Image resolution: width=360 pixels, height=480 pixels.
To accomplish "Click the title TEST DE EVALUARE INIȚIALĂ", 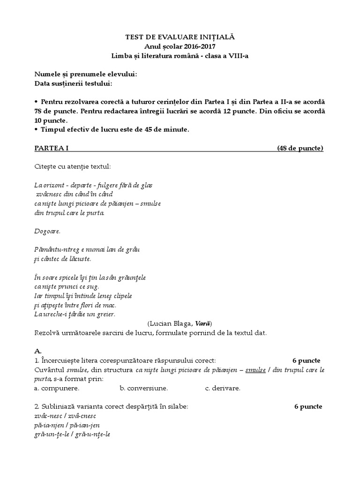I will coord(180,36).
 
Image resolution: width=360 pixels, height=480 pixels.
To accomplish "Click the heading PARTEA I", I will coord(52,149).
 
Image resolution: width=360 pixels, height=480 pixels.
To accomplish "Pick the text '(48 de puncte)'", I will coord(300,149).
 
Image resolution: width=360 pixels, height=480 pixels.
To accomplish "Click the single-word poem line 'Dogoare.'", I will coord(47,231).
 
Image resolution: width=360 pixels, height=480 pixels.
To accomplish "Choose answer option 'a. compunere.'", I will coord(57,388).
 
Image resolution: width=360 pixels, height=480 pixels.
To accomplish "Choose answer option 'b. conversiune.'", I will coord(144,388).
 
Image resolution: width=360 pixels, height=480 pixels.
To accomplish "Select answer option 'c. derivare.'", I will coord(223,388).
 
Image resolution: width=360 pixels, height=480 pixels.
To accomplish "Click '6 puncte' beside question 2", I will coord(308,406).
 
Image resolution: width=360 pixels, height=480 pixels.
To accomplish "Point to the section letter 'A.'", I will coord(38,351).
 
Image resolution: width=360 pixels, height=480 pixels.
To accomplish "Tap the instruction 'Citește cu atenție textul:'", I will coord(73,166).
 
